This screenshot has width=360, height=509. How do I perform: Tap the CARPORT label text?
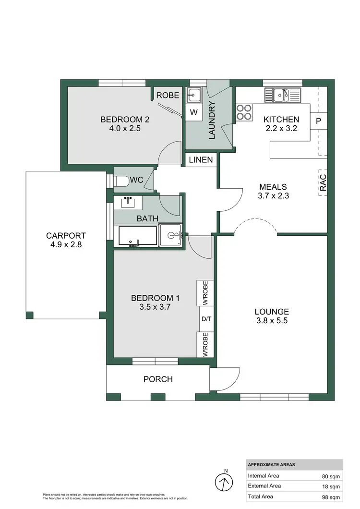point(66,236)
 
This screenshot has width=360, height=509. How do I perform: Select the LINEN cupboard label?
point(201,160)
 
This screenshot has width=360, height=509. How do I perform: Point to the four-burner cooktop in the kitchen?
point(244,112)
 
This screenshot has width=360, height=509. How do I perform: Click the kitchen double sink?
point(282,96)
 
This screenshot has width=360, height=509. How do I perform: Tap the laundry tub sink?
point(194,96)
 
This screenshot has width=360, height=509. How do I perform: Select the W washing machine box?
point(194,113)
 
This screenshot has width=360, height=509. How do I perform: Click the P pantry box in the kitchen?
point(318,121)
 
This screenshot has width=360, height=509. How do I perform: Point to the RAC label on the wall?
point(323,182)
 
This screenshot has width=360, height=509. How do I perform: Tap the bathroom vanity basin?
point(128,202)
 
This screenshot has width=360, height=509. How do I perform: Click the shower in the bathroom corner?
point(171,235)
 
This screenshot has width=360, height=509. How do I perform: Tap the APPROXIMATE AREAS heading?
point(272,465)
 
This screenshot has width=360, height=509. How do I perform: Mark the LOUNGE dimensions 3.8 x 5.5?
point(272,320)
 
